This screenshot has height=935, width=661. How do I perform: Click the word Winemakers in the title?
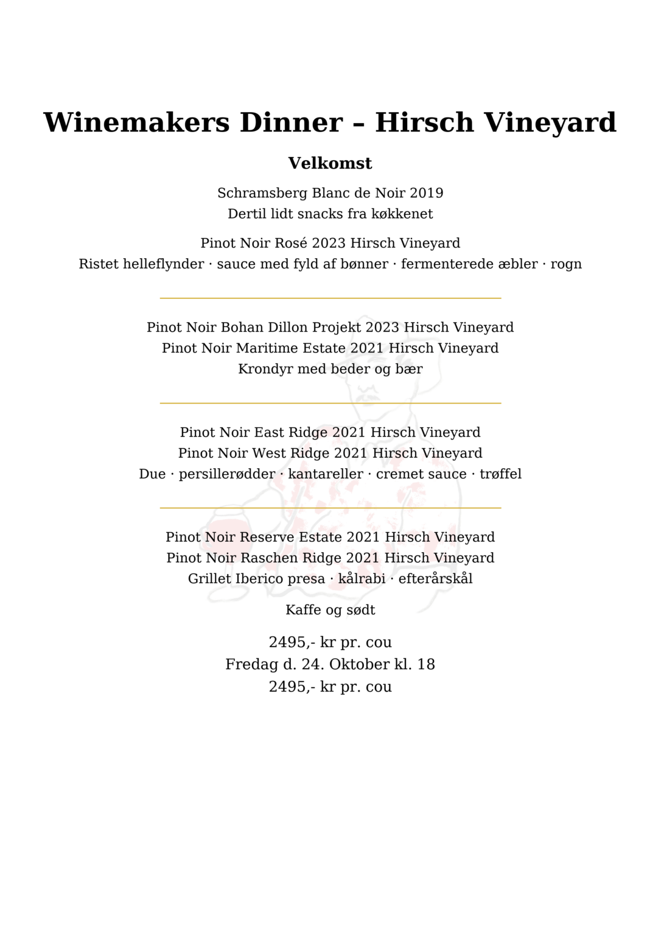137,122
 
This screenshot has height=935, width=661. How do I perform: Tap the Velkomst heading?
330,163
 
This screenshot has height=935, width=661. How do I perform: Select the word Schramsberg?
262,194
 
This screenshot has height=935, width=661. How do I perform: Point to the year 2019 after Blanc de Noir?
426,193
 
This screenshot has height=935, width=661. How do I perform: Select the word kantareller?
325,474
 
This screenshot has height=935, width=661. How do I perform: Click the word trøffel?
500,474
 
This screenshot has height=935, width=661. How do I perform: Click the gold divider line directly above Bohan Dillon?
330,298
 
